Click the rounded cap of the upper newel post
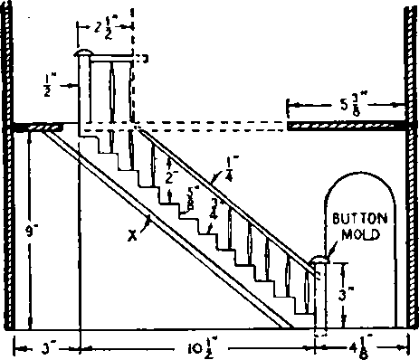82,57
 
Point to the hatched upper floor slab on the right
345,127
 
